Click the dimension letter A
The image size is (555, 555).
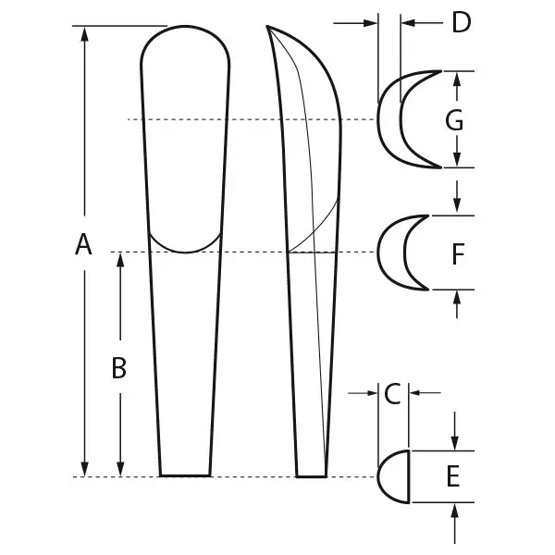click(x=83, y=245)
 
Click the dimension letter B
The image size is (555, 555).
click(x=118, y=368)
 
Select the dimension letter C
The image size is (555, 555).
click(x=391, y=394)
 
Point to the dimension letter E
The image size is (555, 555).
click(x=452, y=476)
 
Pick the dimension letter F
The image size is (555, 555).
click(x=457, y=254)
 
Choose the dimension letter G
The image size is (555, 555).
click(x=453, y=119)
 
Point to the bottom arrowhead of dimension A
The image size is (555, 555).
click(x=84, y=469)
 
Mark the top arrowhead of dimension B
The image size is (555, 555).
click(x=119, y=260)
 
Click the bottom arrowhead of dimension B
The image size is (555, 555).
click(x=119, y=469)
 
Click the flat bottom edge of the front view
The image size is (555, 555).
click(x=185, y=475)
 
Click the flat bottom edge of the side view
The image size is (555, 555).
click(x=312, y=476)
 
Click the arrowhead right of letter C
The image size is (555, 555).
click(x=413, y=394)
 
